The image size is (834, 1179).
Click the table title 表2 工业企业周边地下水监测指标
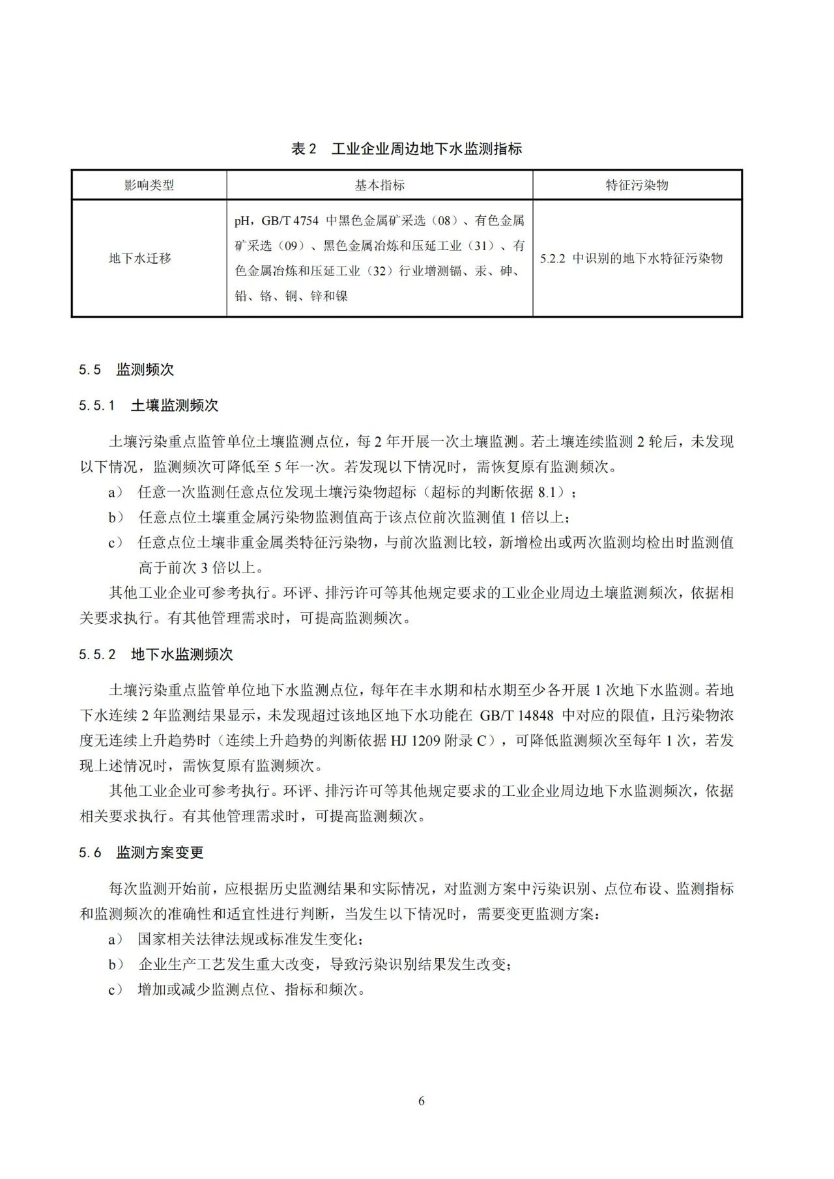407,149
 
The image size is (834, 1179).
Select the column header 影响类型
149,185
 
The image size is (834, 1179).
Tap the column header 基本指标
379,185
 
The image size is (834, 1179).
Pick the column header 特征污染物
637,185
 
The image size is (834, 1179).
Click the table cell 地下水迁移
140,258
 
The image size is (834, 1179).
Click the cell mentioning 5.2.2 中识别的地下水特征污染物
631,258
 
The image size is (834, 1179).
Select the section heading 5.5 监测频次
126,369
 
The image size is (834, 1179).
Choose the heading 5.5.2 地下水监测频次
156,654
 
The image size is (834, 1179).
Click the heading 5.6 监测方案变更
141,852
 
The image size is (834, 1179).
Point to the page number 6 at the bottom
422,1101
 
